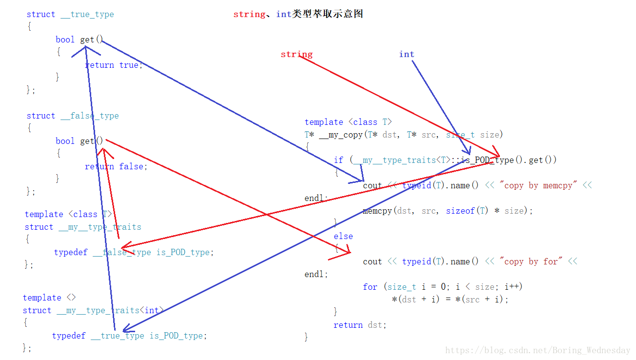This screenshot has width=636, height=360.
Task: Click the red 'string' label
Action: [297, 54]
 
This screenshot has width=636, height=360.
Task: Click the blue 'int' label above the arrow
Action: [406, 54]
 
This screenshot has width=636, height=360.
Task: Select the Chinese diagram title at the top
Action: [298, 14]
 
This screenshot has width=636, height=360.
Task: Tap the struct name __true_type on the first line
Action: [87, 14]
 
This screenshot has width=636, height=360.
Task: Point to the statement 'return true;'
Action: [114, 65]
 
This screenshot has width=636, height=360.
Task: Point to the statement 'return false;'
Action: [116, 166]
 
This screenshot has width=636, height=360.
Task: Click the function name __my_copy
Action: [341, 135]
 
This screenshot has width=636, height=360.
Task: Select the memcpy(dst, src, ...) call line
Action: [448, 211]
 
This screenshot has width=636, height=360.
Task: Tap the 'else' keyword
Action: [343, 236]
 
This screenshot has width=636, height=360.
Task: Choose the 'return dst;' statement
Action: [360, 325]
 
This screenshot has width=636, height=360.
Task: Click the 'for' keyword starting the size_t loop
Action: [370, 287]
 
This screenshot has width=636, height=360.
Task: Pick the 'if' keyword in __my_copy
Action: [338, 160]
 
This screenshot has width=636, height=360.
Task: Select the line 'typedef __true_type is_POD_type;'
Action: [130, 336]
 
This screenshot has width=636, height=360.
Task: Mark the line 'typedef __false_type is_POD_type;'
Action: [134, 252]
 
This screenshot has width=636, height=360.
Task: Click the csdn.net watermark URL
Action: [538, 350]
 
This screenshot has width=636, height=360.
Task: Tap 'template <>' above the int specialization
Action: [49, 298]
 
